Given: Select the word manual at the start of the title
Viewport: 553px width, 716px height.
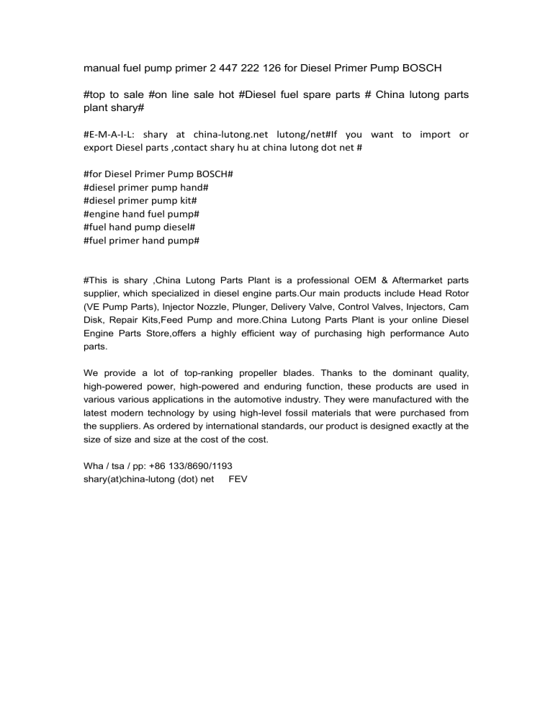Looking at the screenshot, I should (106, 68).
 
